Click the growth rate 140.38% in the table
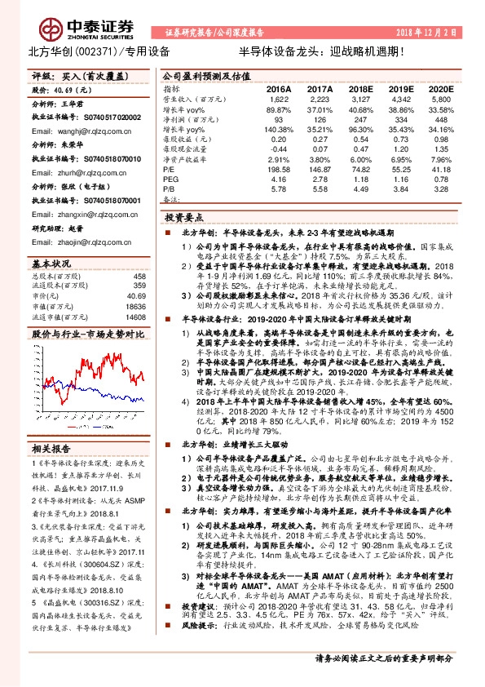click(x=277, y=130)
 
